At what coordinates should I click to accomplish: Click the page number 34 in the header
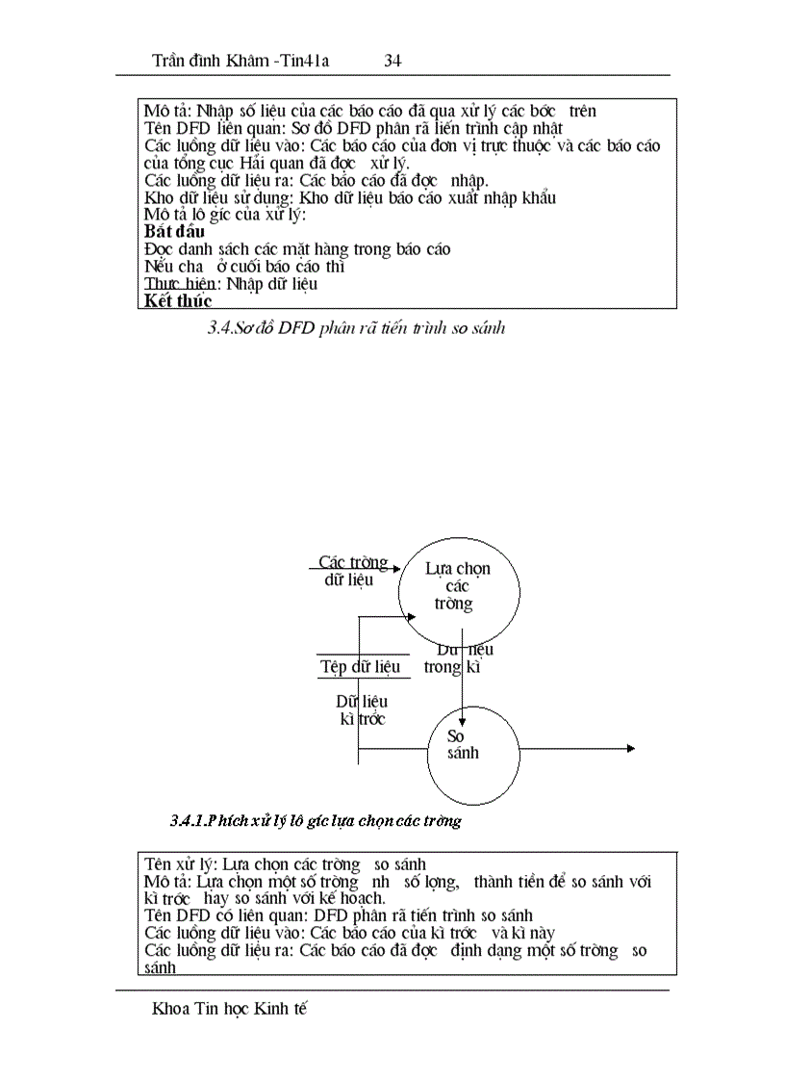pos(392,61)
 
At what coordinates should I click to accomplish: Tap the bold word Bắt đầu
pos(174,232)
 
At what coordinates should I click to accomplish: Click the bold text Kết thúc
pos(178,301)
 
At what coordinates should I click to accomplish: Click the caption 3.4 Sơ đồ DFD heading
pos(356,328)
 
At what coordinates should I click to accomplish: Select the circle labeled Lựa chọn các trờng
pos(459,586)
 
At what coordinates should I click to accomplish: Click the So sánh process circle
pos(474,754)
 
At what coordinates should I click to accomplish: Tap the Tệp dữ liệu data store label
pos(360,666)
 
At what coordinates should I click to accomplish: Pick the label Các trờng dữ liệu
pos(353,571)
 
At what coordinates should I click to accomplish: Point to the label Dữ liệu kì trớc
pos(361,710)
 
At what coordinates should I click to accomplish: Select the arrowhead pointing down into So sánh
pos(463,721)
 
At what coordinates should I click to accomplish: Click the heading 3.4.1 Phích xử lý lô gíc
pos(316,821)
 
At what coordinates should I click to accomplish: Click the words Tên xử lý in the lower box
pos(173,863)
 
